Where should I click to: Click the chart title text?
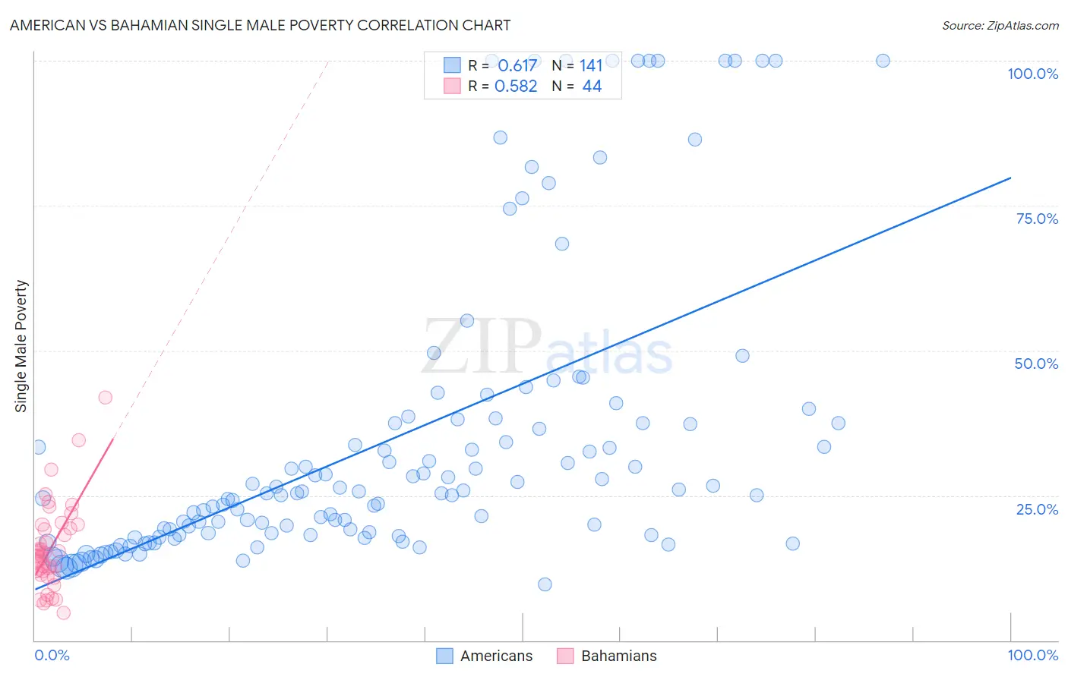click(260, 25)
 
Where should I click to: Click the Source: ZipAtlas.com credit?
click(1000, 25)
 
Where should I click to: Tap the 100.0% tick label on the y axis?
click(1032, 74)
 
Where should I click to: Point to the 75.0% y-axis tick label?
click(1037, 219)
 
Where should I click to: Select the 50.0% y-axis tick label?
click(1036, 364)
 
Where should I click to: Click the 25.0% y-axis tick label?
click(1037, 509)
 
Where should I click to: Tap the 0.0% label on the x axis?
click(52, 655)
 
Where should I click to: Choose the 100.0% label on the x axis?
click(1032, 655)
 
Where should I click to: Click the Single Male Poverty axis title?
click(21, 346)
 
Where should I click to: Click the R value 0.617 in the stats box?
click(517, 66)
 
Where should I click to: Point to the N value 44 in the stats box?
click(592, 87)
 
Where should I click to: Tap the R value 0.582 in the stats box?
click(516, 87)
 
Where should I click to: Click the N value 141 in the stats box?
click(591, 66)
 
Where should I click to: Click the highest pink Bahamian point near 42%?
click(106, 398)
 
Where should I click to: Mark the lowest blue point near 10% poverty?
click(545, 584)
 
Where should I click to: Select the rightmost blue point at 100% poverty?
click(883, 61)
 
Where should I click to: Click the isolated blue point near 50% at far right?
click(742, 356)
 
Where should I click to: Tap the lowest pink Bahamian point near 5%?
click(64, 613)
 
